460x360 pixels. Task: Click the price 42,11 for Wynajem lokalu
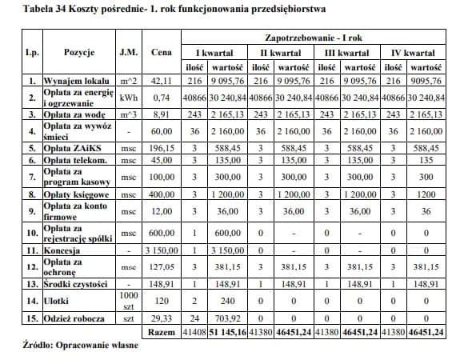pos(162,82)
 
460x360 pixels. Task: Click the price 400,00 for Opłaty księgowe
pos(162,194)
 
